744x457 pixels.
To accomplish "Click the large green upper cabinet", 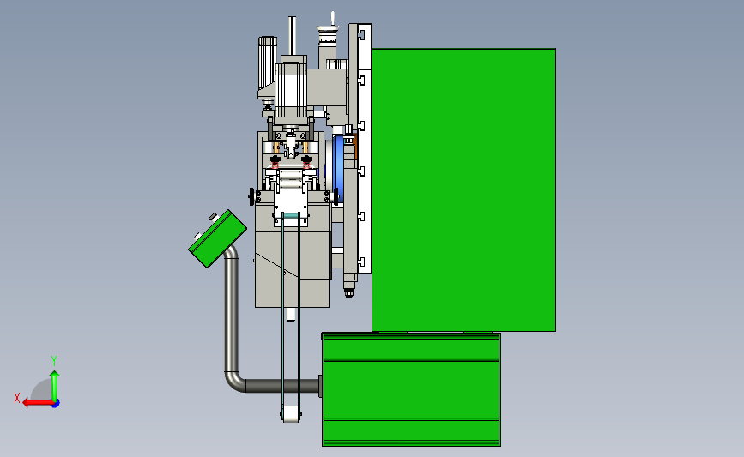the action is click(463, 189).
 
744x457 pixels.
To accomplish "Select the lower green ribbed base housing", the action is click(411, 389).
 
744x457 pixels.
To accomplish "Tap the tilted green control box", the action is click(217, 238).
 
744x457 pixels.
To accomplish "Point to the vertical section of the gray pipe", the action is click(231, 313).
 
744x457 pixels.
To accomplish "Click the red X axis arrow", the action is click(39, 403).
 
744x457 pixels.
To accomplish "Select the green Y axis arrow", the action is click(55, 387).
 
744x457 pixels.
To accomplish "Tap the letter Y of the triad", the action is click(54, 361).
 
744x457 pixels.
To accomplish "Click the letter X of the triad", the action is click(17, 398).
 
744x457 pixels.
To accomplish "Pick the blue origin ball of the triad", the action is click(55, 404).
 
